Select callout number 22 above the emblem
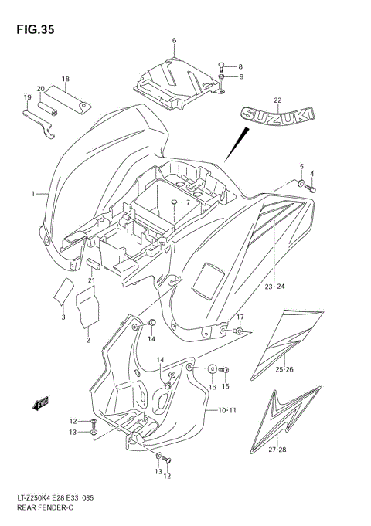[277, 100]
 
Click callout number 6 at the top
[174, 40]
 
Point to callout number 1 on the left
[32, 193]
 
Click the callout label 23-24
[274, 287]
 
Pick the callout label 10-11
[227, 410]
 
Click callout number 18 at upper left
[66, 79]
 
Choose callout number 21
[90, 280]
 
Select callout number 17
[240, 317]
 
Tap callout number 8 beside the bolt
[240, 66]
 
